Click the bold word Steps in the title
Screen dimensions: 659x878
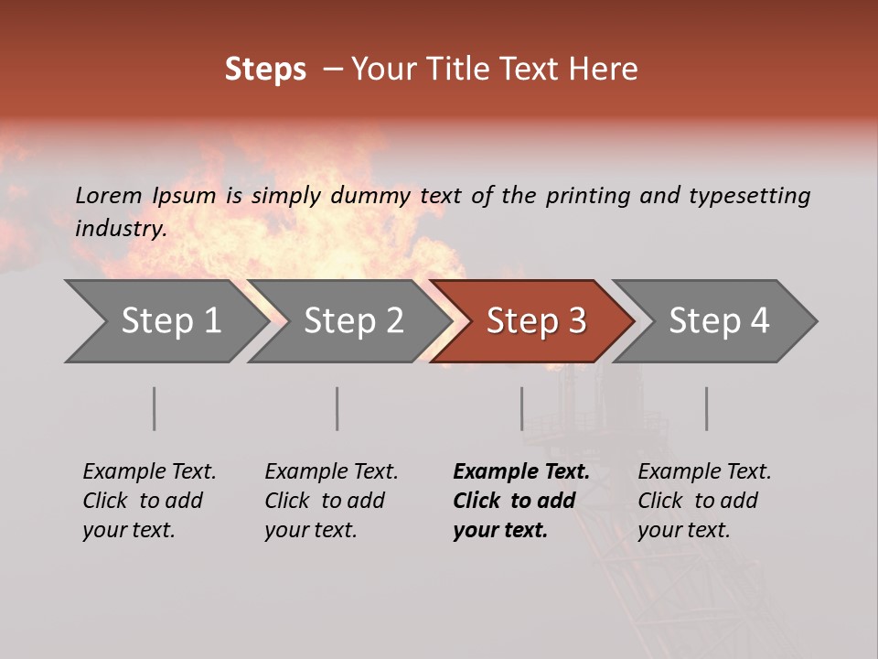click(x=265, y=70)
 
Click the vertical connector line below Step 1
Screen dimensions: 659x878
click(x=154, y=408)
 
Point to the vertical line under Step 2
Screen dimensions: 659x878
click(x=337, y=408)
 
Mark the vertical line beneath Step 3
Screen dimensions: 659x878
click(x=521, y=408)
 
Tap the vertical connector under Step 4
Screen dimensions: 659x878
click(x=706, y=408)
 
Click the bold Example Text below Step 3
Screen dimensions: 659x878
click(x=521, y=472)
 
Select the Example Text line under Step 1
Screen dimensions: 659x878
click(x=149, y=472)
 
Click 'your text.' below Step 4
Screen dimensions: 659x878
click(x=684, y=531)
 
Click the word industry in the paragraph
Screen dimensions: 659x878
click(x=119, y=229)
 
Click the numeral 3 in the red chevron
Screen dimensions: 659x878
click(x=576, y=321)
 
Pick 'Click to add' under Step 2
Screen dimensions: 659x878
click(x=325, y=502)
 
